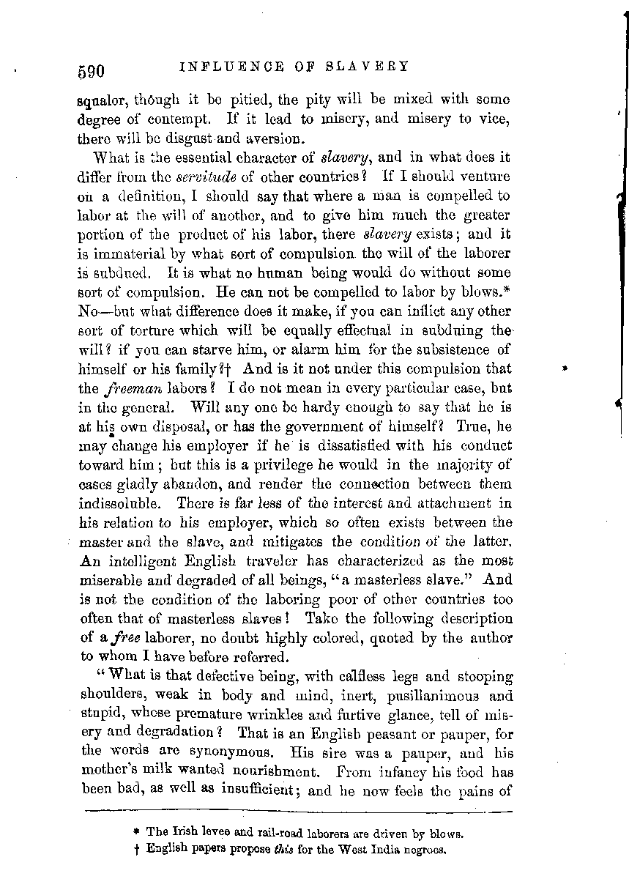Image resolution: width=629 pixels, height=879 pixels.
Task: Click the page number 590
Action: (92, 70)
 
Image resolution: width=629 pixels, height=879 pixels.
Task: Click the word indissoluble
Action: (114, 504)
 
